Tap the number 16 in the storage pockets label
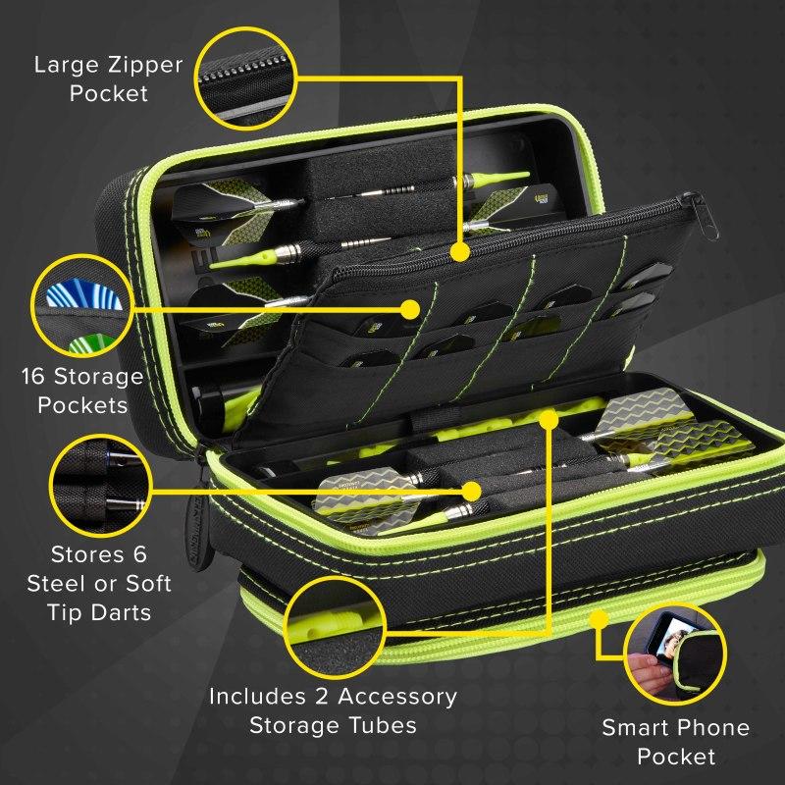click(33, 377)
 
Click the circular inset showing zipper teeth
click(246, 78)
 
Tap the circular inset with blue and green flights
click(82, 306)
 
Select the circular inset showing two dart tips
click(101, 486)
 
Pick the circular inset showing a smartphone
click(675, 654)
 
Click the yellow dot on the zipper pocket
click(459, 252)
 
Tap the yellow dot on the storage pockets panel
click(410, 309)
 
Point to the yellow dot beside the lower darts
click(471, 492)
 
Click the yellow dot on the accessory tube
click(549, 420)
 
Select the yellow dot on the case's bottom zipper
click(599, 620)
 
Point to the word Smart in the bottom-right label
click(628, 727)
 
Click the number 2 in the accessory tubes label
click(322, 697)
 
